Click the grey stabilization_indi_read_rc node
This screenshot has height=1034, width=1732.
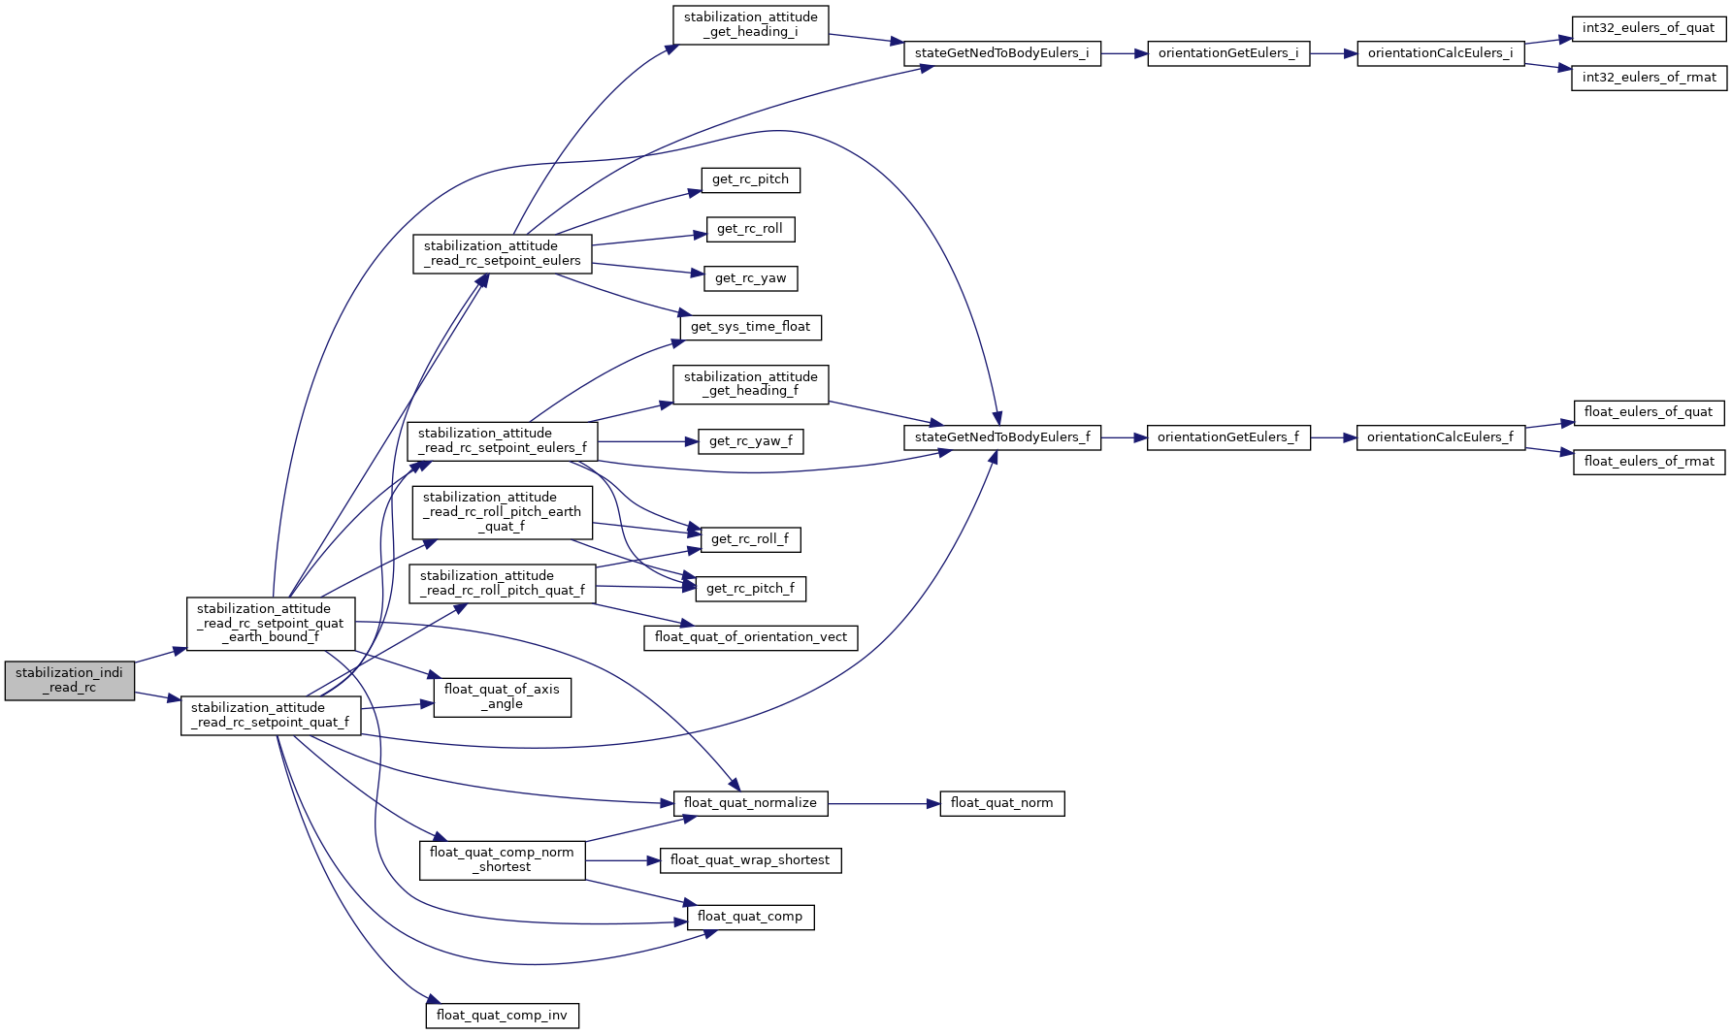pyautogui.click(x=69, y=680)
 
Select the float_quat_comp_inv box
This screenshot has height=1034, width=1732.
pyautogui.click(x=502, y=1016)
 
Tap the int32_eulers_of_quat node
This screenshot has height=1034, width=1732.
pyautogui.click(x=1648, y=28)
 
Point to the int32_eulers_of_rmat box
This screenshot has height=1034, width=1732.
pyautogui.click(x=1649, y=78)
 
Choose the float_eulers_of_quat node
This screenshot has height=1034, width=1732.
pyautogui.click(x=1648, y=412)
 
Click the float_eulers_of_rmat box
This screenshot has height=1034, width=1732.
pyautogui.click(x=1649, y=462)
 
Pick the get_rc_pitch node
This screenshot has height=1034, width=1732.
pyautogui.click(x=750, y=179)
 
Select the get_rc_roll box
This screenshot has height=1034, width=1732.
pyautogui.click(x=750, y=229)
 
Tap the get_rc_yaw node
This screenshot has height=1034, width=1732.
pyautogui.click(x=750, y=278)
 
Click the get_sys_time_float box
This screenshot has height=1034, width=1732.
pyautogui.click(x=750, y=327)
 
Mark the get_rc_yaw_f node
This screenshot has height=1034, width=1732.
pyautogui.click(x=750, y=441)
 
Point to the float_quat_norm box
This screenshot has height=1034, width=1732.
pyautogui.click(x=1001, y=803)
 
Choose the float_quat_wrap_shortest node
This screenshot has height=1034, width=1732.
pyautogui.click(x=750, y=860)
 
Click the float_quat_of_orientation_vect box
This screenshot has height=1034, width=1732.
pyautogui.click(x=750, y=637)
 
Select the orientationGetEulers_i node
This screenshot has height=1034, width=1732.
pyautogui.click(x=1227, y=53)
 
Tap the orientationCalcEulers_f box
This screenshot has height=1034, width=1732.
pyautogui.click(x=1440, y=437)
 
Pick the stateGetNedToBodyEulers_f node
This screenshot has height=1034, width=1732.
pyautogui.click(x=1002, y=437)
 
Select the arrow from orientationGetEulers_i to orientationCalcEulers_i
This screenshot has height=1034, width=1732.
pyautogui.click(x=1333, y=53)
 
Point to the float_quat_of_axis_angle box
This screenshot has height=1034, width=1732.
pyautogui.click(x=502, y=696)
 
